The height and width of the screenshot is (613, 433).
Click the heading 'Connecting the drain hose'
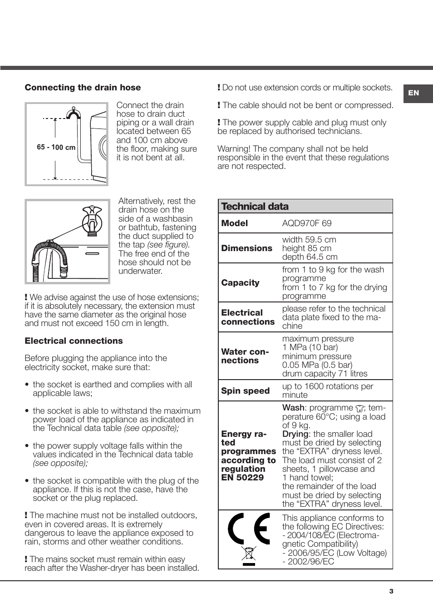point(83,88)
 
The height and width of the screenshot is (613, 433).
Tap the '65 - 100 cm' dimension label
point(56,147)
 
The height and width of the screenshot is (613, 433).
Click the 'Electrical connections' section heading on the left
point(74,341)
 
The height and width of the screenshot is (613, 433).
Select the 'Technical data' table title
point(255,207)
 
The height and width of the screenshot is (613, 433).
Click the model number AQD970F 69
point(307,223)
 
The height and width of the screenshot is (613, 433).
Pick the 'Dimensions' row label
point(246,248)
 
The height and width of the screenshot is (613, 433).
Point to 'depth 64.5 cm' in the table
point(310,257)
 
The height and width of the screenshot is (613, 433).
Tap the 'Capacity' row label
point(240,283)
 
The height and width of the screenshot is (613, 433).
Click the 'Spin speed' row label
point(245,391)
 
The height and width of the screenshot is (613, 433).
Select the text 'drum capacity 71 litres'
point(325,374)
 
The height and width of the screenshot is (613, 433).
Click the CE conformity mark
point(249,529)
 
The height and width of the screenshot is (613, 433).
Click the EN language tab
point(413,93)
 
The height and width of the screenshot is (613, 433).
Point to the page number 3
point(391,591)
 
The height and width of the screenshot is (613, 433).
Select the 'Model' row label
point(234,223)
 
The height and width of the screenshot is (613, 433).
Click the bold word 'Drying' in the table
point(295,434)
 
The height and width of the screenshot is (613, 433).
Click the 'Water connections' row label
point(245,356)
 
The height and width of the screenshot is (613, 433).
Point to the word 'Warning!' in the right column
point(234,149)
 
